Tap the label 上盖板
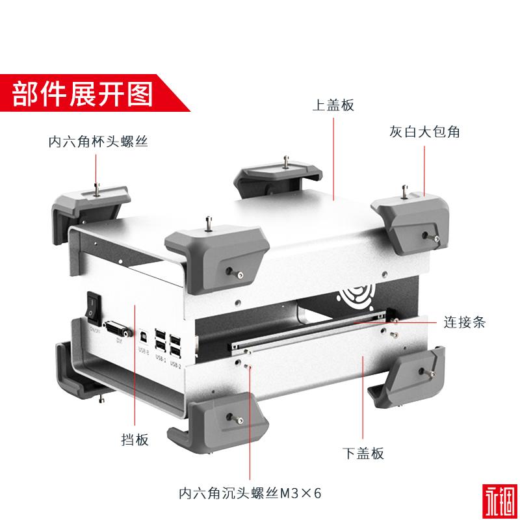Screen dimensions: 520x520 333,105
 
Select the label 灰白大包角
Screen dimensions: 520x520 430,131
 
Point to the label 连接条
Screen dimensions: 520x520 464,322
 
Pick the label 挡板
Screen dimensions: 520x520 135,440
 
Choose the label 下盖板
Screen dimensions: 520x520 363,453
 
